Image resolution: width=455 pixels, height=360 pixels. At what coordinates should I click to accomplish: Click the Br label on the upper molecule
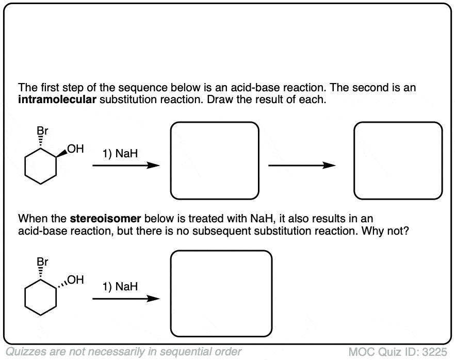(x=42, y=131)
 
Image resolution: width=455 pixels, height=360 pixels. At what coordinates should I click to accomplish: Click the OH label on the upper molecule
(x=75, y=149)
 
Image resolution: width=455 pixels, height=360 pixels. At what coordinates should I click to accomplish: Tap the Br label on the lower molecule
(x=42, y=262)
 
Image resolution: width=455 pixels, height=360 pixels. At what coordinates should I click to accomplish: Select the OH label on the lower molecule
(x=75, y=280)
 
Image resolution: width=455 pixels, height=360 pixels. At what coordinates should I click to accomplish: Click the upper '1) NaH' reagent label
(x=120, y=154)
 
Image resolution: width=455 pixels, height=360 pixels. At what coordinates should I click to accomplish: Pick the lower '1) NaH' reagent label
(x=120, y=287)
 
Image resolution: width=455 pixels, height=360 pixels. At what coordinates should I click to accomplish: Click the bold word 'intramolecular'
(x=57, y=100)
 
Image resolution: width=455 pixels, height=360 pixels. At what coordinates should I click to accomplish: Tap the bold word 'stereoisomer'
(x=105, y=219)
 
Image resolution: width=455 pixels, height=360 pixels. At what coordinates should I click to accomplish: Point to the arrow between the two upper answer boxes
(x=302, y=166)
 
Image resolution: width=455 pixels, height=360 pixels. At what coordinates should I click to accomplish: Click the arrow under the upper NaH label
(x=126, y=166)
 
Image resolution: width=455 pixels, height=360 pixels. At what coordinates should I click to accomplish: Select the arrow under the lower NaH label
(x=126, y=299)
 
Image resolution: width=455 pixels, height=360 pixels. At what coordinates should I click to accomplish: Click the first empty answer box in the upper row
(x=215, y=122)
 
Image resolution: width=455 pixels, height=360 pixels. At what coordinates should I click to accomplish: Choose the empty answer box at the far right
(x=398, y=122)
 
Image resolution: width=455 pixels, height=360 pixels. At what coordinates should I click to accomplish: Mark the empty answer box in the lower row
(x=221, y=251)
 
